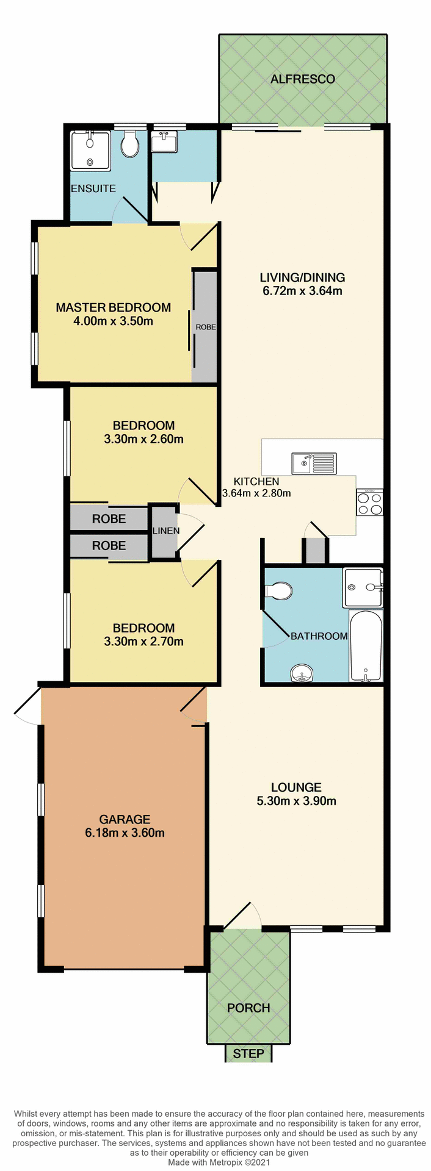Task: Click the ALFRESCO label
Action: pos(303,79)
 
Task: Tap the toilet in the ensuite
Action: pos(129,145)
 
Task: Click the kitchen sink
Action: pos(314,464)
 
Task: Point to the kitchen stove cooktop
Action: pos(370,503)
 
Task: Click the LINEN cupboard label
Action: pos(166,531)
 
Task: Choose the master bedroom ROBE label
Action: pos(206,327)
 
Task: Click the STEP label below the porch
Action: pos(248,1054)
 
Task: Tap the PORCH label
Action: pos(248,1008)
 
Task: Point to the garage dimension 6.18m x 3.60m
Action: pos(125,833)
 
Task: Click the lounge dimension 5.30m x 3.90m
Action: pos(297,801)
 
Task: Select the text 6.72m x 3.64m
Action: pos(303,291)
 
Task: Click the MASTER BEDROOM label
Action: pos(114,307)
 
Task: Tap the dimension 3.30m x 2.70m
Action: pos(144,641)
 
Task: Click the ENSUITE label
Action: pos(93,188)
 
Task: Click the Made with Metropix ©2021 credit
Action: pos(215,1163)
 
